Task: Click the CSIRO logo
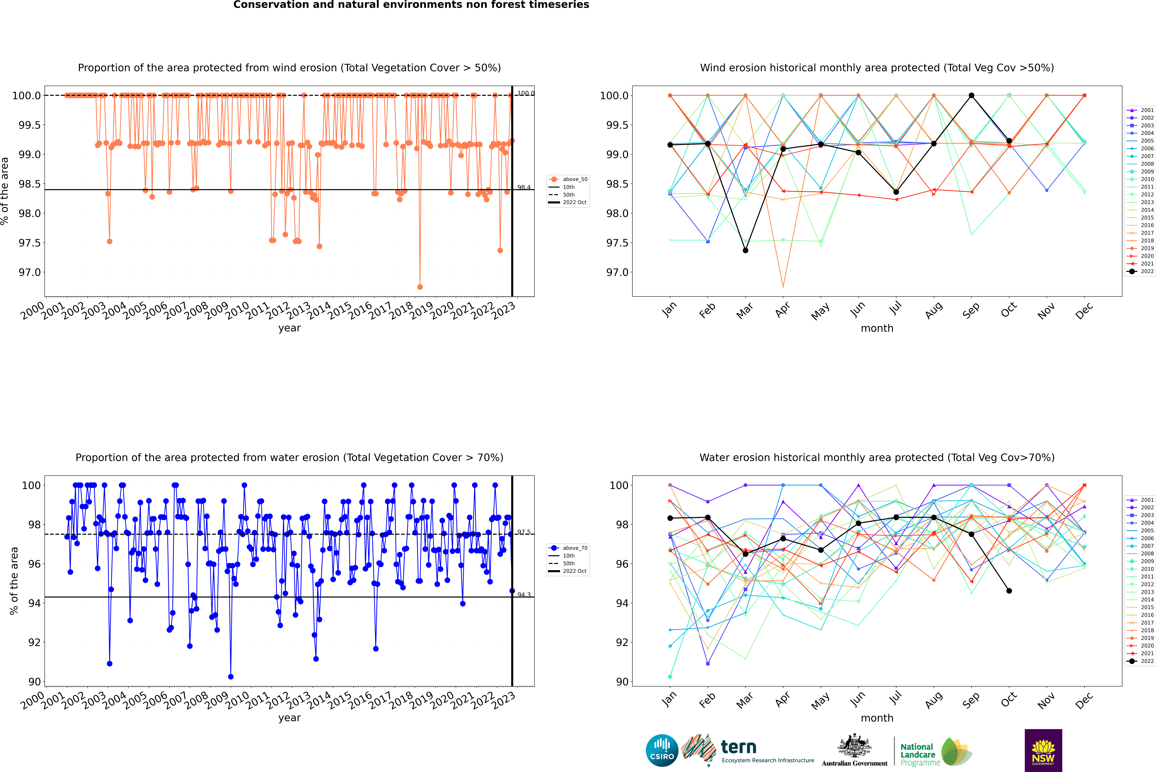pos(662,750)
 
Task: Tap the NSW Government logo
pos(1043,750)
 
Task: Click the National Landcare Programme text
pos(918,754)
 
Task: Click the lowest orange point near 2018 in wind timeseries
pos(420,287)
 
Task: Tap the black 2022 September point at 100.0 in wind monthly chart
pos(971,96)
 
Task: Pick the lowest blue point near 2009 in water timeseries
pos(231,676)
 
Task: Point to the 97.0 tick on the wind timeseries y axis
pos(30,272)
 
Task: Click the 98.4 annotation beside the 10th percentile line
pos(524,188)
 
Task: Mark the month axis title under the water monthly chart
pos(877,718)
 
